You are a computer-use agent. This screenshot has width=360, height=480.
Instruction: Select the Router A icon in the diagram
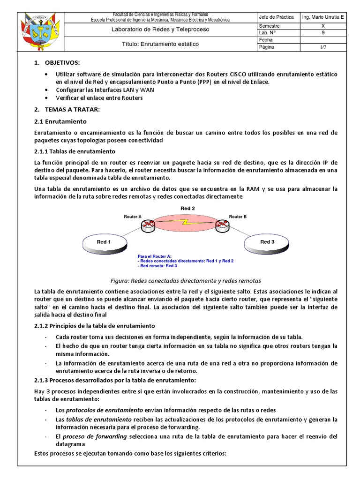[x=149, y=225]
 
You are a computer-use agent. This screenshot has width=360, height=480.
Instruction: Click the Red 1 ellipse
[x=104, y=242]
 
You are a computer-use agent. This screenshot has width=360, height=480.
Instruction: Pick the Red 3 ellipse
[x=267, y=242]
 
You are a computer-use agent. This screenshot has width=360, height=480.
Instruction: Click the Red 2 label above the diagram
[x=187, y=208]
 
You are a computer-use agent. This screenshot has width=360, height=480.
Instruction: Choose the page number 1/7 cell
[x=322, y=47]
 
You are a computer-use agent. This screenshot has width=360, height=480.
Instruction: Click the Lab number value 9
[x=322, y=33]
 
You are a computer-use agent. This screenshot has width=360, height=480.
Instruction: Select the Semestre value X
[x=322, y=26]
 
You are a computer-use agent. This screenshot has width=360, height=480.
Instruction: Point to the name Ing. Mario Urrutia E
[x=322, y=17]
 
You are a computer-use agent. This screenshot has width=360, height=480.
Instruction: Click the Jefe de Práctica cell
[x=276, y=17]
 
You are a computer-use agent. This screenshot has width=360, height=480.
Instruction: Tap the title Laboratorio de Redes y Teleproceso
[x=160, y=30]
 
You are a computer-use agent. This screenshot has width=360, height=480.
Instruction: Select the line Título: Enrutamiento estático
[x=160, y=44]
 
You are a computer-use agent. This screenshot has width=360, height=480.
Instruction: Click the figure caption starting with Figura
[x=185, y=281]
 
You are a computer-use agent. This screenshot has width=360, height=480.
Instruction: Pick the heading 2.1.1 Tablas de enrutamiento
[x=75, y=151]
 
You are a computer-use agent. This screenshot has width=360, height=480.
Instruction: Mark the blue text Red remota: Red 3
[x=157, y=266]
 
